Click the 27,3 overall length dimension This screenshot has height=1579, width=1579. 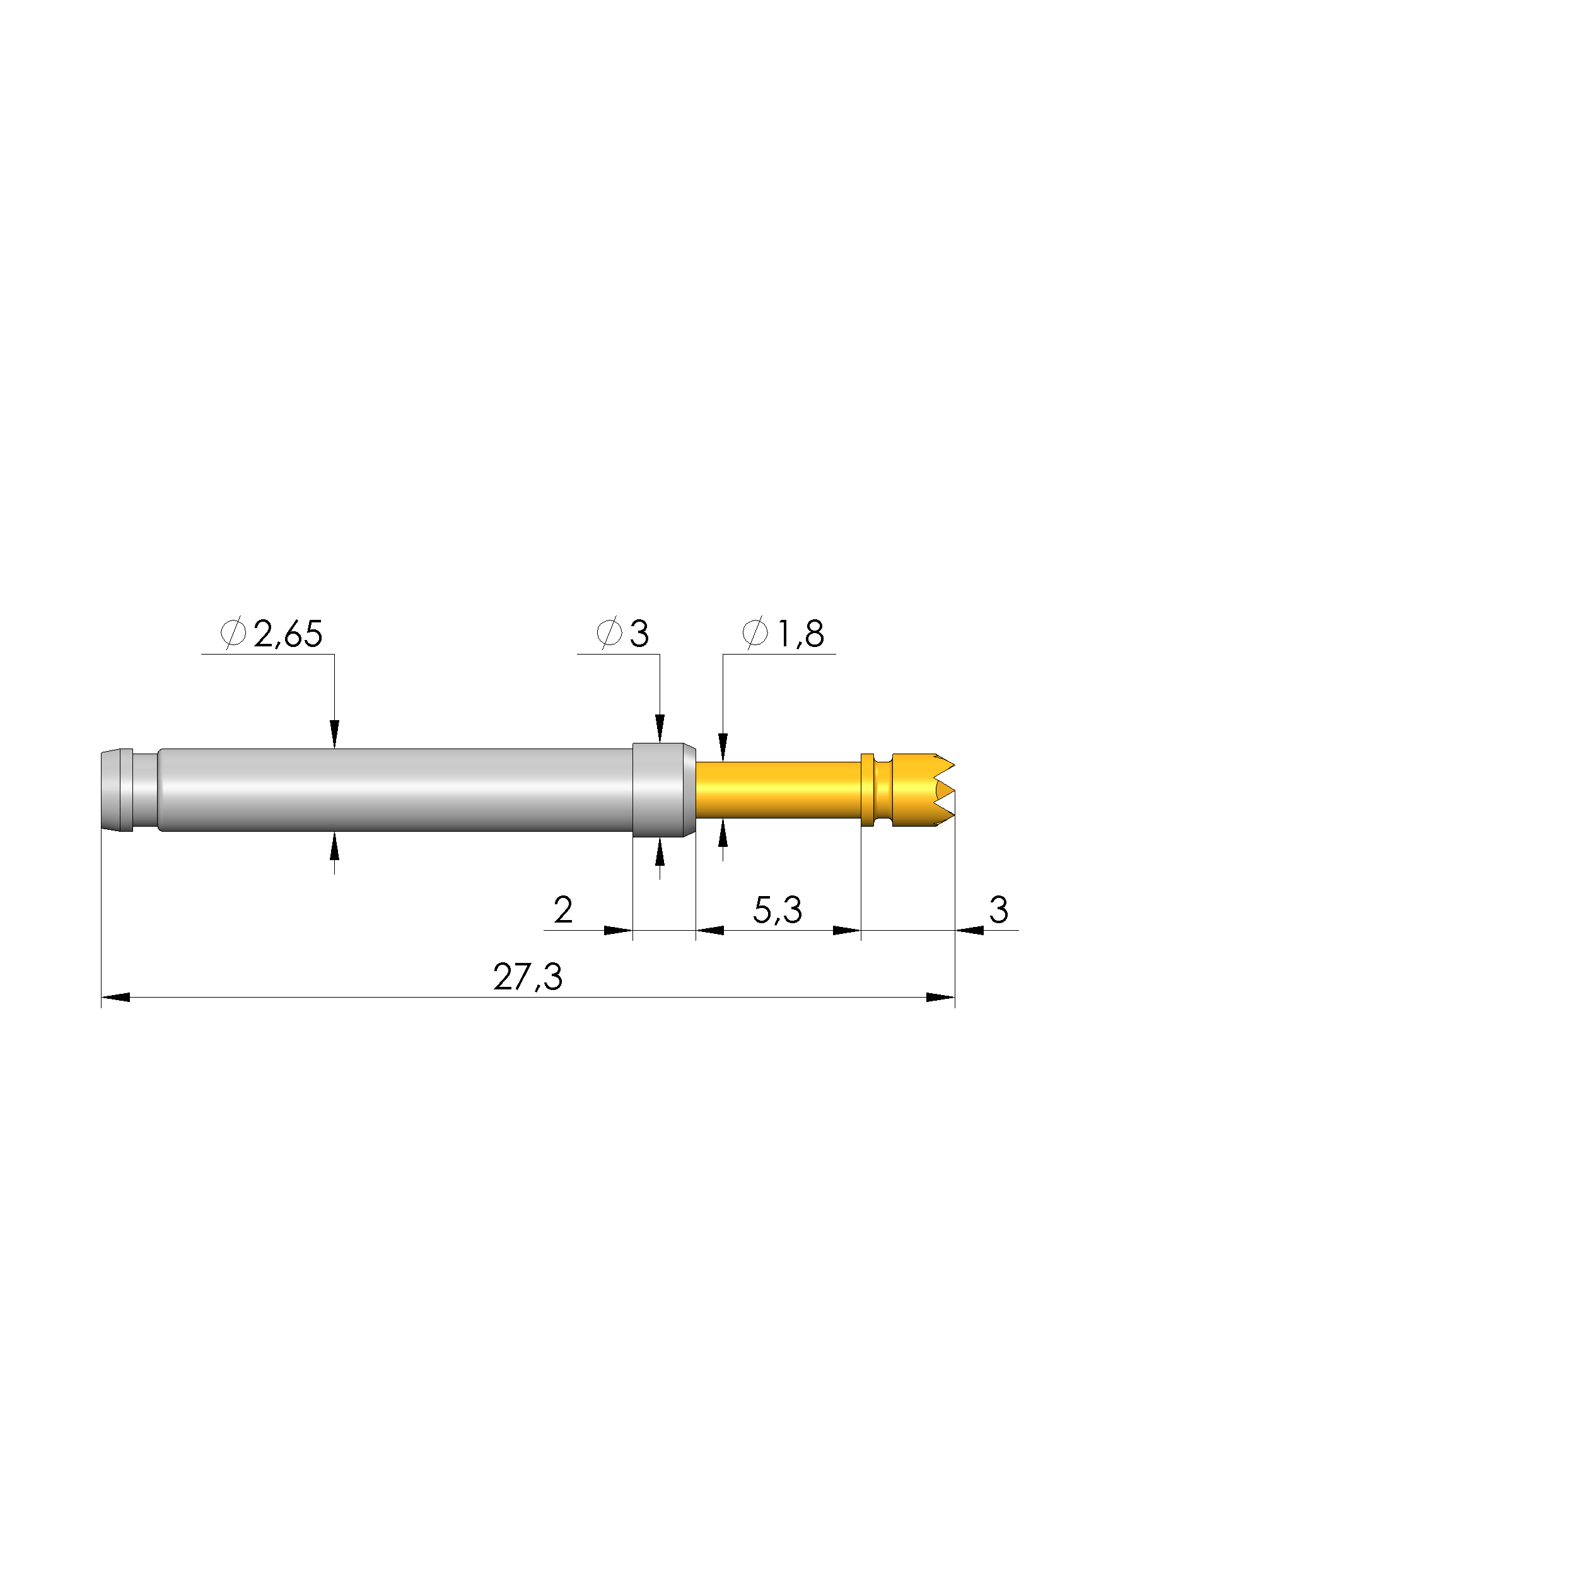[x=528, y=977]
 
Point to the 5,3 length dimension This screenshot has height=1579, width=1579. [x=778, y=910]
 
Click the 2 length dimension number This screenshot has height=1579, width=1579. [x=563, y=910]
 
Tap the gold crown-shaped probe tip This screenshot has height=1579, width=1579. [x=922, y=789]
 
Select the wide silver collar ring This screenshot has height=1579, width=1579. [x=663, y=789]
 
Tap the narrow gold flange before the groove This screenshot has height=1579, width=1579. [x=867, y=789]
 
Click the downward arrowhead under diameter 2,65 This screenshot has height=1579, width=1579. [x=334, y=733]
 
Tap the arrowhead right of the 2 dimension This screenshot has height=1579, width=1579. [x=618, y=930]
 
